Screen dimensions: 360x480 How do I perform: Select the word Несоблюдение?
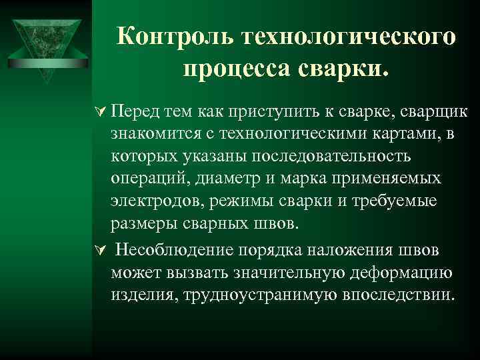175,250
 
